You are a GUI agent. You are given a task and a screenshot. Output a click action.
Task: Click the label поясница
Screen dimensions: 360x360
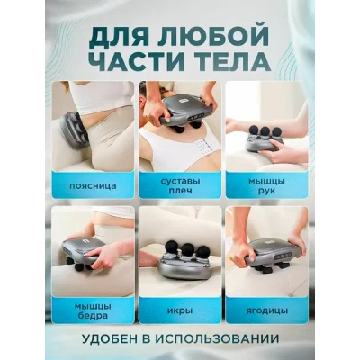[93, 186]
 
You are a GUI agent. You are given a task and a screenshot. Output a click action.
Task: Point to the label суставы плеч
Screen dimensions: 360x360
[180, 186]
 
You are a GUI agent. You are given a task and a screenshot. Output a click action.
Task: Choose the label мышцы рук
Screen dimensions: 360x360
[266, 186]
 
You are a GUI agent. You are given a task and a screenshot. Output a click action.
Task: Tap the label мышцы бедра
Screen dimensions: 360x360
[93, 311]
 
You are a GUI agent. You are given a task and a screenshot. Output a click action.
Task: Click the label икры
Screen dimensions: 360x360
[180, 310]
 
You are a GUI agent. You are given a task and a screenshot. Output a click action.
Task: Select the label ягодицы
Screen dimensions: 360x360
[266, 310]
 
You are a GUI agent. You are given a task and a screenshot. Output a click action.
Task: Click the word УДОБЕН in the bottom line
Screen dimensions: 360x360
[110, 339]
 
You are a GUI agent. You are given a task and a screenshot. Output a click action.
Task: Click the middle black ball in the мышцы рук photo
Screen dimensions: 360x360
[265, 131]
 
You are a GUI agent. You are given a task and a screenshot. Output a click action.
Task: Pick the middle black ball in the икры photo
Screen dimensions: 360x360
[188, 249]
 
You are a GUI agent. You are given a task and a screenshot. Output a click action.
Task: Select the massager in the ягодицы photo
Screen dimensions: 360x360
[273, 255]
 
